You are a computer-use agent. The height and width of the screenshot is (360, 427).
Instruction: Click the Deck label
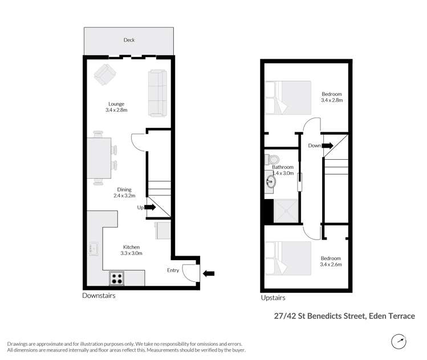129,40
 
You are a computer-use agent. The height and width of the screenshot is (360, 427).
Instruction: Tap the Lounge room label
116,104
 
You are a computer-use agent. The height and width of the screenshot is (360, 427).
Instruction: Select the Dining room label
124,190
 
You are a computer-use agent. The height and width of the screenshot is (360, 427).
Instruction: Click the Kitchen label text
131,247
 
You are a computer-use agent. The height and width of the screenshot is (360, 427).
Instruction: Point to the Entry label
173,270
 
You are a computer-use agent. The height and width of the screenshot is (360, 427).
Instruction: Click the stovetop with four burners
117,278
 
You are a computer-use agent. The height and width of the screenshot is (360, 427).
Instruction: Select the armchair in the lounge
104,75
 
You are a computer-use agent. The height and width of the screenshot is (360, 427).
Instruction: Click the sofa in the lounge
157,92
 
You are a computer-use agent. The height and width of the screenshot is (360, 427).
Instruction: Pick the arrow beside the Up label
150,207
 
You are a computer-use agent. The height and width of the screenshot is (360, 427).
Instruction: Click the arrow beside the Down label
327,145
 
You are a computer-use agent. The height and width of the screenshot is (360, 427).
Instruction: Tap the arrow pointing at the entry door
209,274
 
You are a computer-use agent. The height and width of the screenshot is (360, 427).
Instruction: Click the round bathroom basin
270,182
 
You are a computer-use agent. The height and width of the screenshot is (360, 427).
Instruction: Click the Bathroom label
283,167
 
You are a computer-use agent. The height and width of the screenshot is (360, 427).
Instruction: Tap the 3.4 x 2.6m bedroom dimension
331,264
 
